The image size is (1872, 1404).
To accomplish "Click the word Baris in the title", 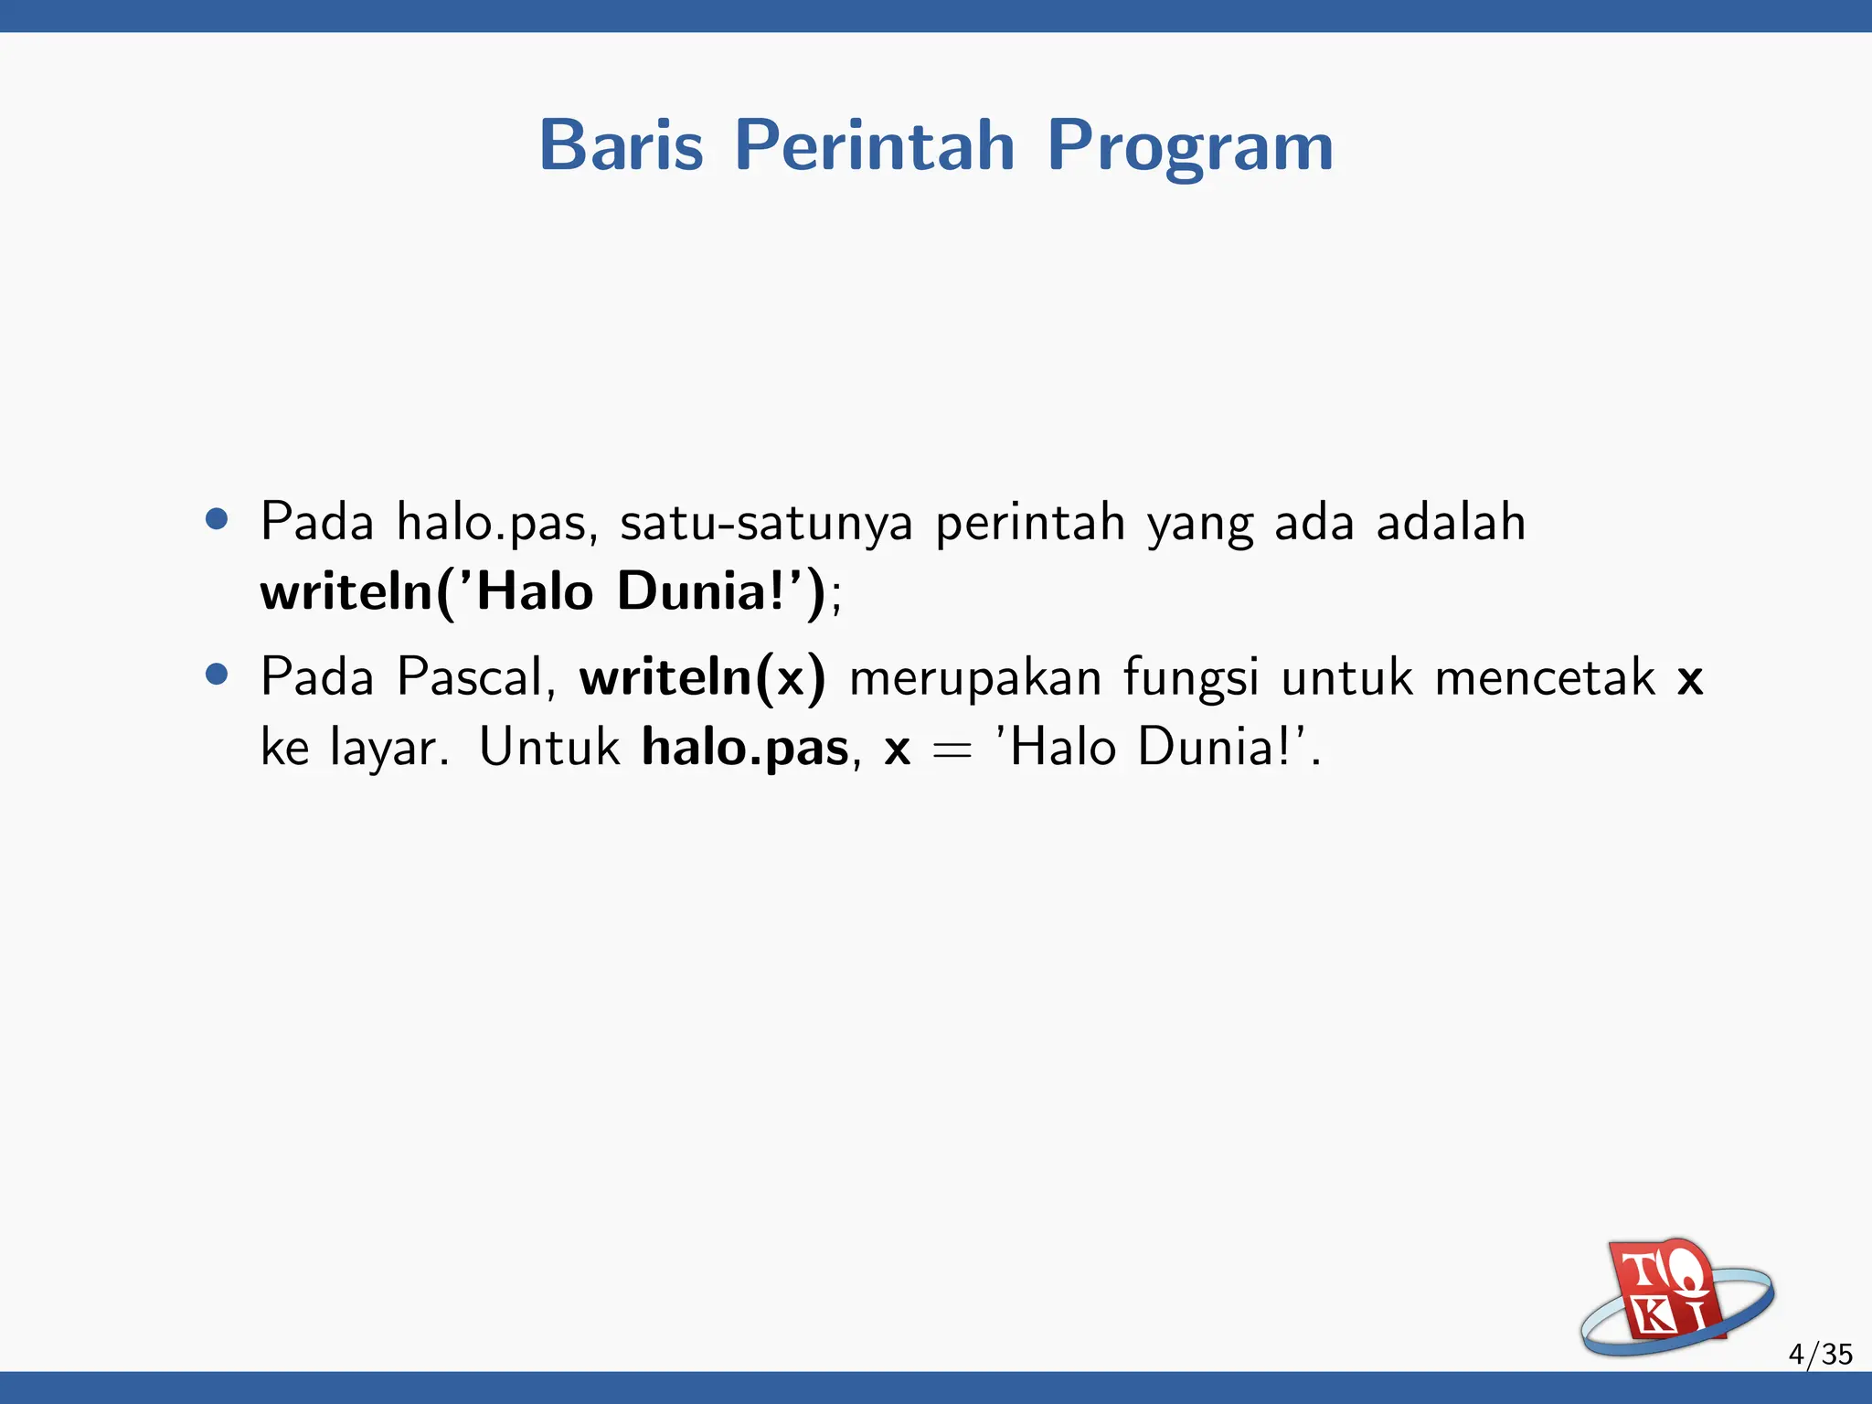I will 622,145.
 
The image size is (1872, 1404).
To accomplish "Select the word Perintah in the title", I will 875,145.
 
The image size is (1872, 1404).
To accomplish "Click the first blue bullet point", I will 217,520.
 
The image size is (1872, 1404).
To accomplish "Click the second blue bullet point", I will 217,675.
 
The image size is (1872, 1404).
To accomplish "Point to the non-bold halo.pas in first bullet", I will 496,523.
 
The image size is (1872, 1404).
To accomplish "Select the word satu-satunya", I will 766,523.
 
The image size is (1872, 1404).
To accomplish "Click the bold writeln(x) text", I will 702,677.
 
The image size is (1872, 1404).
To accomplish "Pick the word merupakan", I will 974,679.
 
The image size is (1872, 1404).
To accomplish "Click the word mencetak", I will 1545,677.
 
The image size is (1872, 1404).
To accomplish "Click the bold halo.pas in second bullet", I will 745,749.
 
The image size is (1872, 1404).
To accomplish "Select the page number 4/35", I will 1820,1354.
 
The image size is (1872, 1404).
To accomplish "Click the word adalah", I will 1451,523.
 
